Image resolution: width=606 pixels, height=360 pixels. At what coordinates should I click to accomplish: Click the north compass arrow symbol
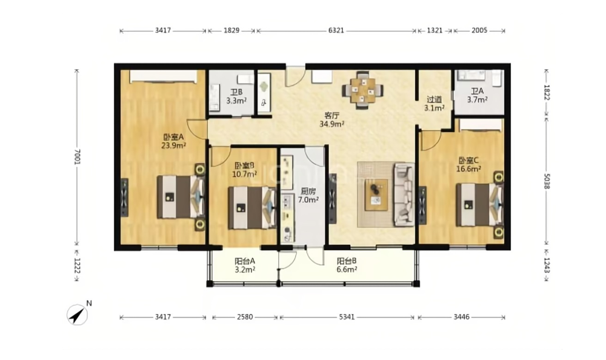pyautogui.click(x=78, y=315)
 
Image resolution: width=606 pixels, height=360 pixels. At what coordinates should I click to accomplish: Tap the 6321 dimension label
pyautogui.click(x=336, y=30)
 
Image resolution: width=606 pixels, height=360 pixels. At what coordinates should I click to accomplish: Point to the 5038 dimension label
pyautogui.click(x=546, y=181)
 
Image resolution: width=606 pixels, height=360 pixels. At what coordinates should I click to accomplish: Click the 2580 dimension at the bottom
pyautogui.click(x=245, y=317)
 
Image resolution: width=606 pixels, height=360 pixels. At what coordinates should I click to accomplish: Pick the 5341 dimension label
pyautogui.click(x=347, y=317)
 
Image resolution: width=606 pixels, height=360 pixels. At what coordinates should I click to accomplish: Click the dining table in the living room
pyautogui.click(x=362, y=91)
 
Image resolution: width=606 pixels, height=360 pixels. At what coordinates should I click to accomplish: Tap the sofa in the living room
pyautogui.click(x=404, y=195)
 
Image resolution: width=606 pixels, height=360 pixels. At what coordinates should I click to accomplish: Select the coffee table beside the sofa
pyautogui.click(x=376, y=195)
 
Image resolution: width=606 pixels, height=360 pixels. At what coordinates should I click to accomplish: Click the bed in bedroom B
pyautogui.click(x=251, y=208)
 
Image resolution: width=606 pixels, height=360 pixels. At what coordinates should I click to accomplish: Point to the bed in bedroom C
pyautogui.click(x=479, y=205)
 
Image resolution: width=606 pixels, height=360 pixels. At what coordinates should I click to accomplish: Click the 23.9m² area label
pyautogui.click(x=173, y=145)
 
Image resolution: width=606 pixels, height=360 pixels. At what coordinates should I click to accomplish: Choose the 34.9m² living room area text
pyautogui.click(x=331, y=124)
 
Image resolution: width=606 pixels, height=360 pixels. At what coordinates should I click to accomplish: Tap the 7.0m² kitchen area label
pyautogui.click(x=308, y=200)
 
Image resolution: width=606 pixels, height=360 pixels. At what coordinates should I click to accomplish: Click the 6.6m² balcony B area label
pyautogui.click(x=347, y=269)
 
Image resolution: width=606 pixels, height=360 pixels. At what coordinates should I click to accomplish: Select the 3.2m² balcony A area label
pyautogui.click(x=245, y=269)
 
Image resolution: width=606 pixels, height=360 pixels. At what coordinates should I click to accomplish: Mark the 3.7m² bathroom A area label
pyautogui.click(x=477, y=100)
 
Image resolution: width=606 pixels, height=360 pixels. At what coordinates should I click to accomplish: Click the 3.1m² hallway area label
pyautogui.click(x=434, y=108)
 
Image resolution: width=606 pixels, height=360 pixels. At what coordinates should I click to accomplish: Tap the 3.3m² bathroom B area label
pyautogui.click(x=236, y=101)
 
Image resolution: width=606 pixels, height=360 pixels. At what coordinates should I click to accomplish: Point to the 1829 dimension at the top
pyautogui.click(x=231, y=30)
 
